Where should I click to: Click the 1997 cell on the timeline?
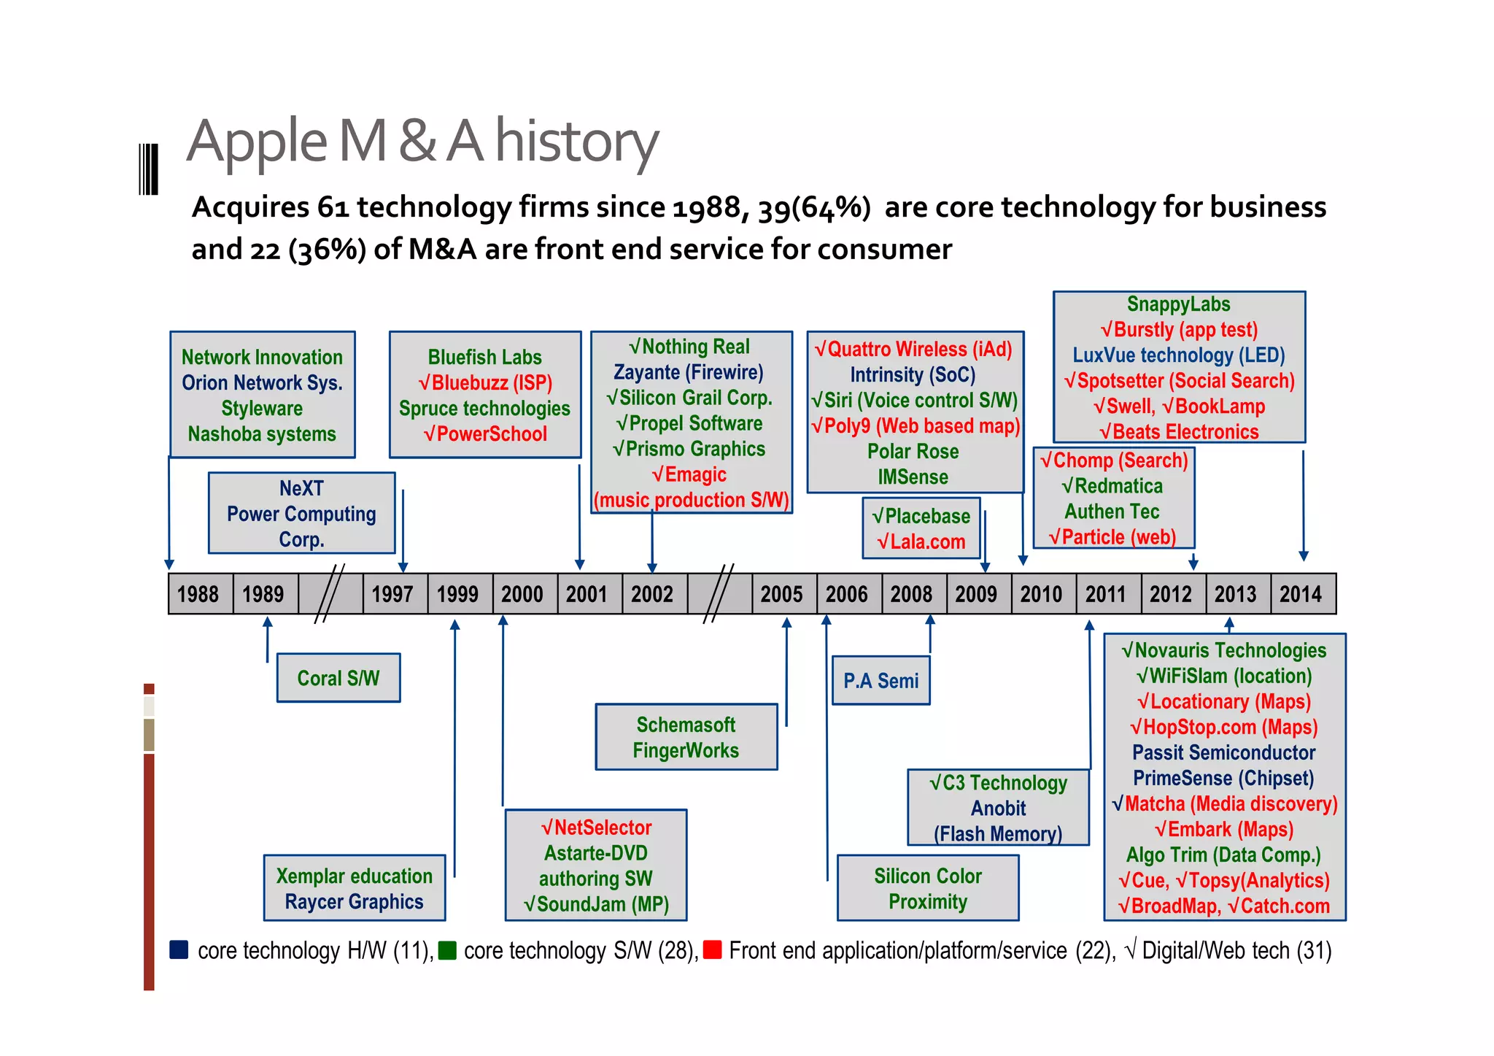click(393, 594)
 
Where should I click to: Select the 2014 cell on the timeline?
click(1301, 594)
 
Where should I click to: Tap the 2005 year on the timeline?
click(782, 594)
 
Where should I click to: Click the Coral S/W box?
click(338, 678)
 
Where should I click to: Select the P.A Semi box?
click(881, 681)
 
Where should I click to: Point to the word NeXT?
click(301, 488)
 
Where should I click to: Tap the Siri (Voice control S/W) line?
click(915, 401)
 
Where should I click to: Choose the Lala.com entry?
click(921, 542)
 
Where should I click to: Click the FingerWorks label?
click(686, 750)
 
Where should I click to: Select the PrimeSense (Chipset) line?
click(1223, 778)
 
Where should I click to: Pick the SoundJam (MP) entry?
click(596, 904)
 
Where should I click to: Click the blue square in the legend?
click(179, 949)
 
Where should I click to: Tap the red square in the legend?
click(712, 949)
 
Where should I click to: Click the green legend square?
click(447, 949)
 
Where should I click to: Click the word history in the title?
click(576, 142)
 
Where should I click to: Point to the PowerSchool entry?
click(485, 434)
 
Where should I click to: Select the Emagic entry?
click(689, 475)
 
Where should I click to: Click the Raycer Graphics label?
click(354, 902)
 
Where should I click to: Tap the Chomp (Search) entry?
click(1114, 460)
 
